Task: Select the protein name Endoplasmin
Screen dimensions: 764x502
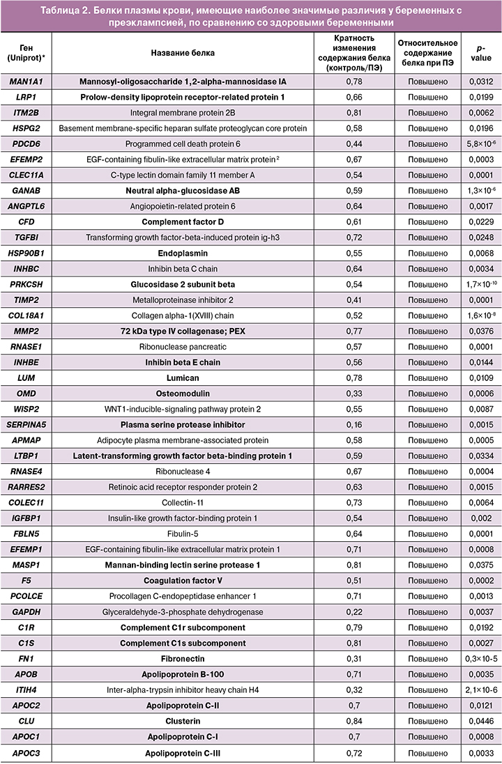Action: [x=183, y=253]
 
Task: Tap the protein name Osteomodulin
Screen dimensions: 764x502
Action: [x=183, y=393]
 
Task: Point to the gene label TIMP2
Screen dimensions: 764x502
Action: [x=24, y=299]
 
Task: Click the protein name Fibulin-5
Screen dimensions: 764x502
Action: [x=183, y=533]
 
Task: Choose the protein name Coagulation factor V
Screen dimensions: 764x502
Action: [x=183, y=580]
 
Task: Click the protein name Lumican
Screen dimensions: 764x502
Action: [x=183, y=377]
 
